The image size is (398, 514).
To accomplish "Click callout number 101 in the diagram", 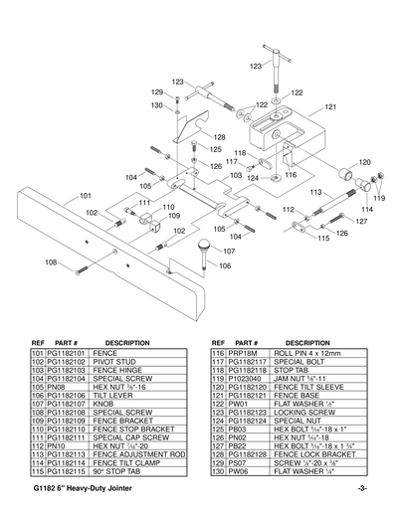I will [87, 195].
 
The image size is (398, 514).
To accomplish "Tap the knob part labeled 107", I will [204, 245].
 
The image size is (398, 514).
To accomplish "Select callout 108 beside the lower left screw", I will [52, 262].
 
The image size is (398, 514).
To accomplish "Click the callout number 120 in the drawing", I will [364, 161].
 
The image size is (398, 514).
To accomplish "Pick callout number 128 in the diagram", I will [219, 137].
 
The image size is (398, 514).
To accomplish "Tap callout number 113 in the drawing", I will [315, 191].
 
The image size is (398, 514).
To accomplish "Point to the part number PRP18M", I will [243, 353].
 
